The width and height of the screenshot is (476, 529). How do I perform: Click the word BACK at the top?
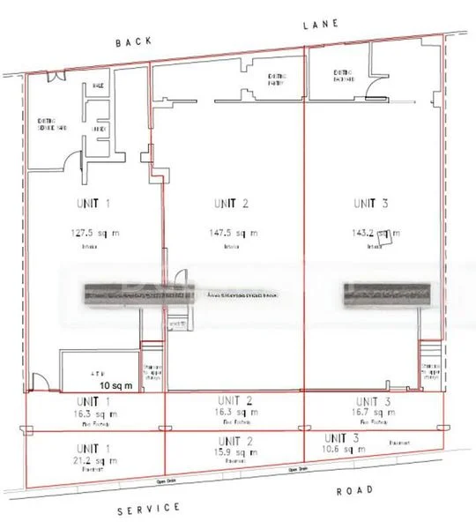pyautogui.click(x=133, y=42)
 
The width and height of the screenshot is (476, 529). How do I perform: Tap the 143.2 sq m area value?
pyautogui.click(x=375, y=234)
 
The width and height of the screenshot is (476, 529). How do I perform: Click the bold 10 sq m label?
pyautogui.click(x=115, y=386)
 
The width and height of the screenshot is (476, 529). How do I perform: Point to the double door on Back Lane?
pyautogui.click(x=56, y=78)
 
